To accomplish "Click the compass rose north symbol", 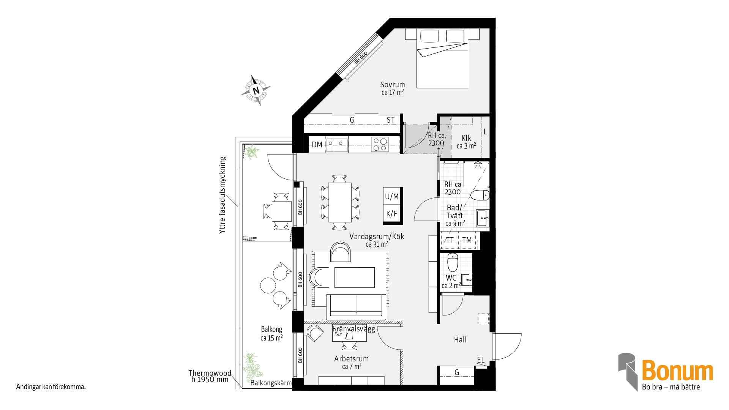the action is tap(256, 90).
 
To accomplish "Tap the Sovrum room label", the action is tap(393, 85).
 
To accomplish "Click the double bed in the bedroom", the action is tap(442, 58).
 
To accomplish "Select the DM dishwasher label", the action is tap(317, 145).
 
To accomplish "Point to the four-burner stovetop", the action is tap(380, 145).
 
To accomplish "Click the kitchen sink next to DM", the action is tap(337, 145).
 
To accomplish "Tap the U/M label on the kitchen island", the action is tap(392, 196).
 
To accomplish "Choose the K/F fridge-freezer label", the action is tap(392, 214).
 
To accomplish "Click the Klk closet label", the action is tap(466, 138).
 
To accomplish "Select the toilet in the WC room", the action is tap(453, 262).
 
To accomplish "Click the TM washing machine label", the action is tap(467, 240).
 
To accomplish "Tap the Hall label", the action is tap(460, 340).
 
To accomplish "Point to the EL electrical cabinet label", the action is tap(481, 360).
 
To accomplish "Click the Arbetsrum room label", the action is tap(351, 359).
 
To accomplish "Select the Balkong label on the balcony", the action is tap(271, 329).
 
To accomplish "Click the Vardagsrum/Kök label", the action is tap(377, 237).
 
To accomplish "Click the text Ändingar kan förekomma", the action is tap(51, 387).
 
